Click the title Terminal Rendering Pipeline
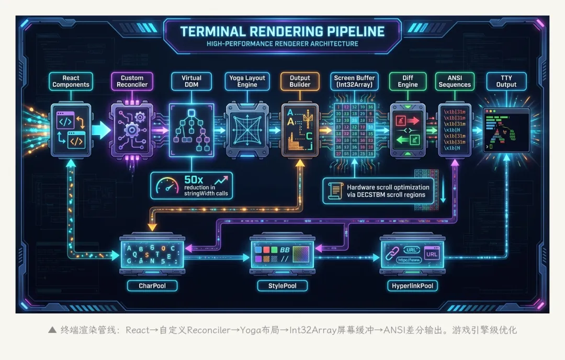282,31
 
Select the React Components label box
71,81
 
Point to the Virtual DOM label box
191,81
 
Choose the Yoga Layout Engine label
247,81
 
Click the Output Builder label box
300,81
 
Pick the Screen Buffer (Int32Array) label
355,81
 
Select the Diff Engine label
408,81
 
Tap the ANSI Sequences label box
455,81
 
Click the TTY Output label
506,81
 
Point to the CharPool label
152,286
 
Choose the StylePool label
282,286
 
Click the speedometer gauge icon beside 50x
167,185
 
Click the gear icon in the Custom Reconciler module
132,128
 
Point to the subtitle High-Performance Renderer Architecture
282,44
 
